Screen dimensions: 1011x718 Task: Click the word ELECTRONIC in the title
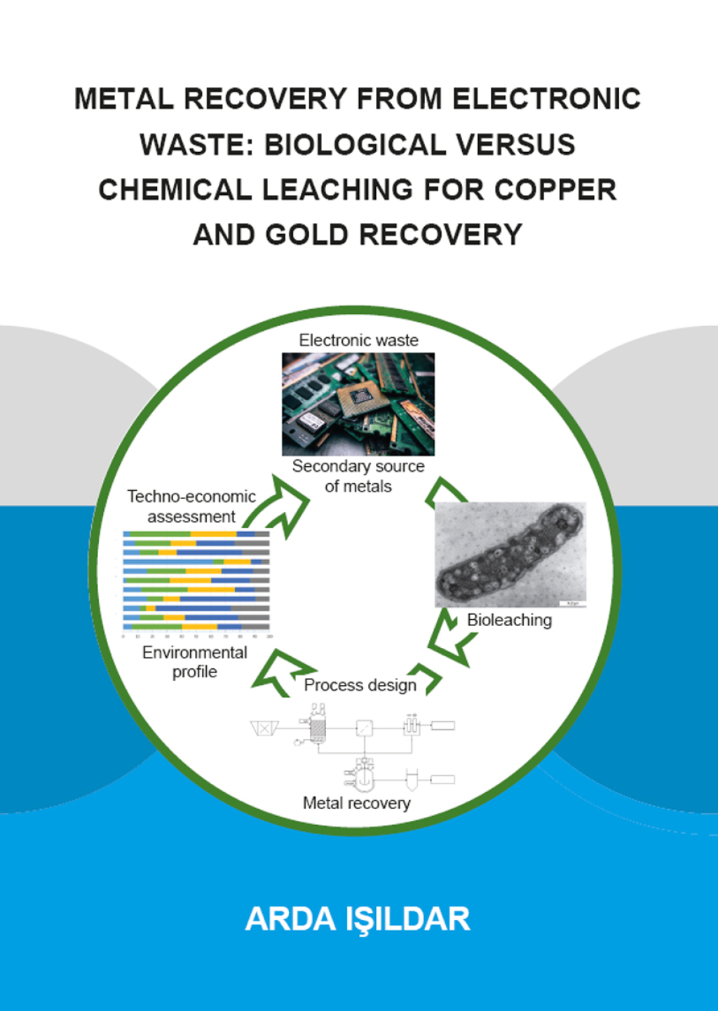[546, 99]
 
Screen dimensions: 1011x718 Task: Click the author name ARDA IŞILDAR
[358, 919]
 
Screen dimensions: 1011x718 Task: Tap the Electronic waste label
[358, 341]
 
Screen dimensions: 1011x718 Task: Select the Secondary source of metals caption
[358, 476]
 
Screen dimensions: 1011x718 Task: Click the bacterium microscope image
[510, 555]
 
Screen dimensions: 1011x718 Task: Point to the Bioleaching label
[509, 620]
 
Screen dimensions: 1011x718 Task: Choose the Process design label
[360, 686]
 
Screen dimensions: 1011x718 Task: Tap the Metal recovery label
[356, 803]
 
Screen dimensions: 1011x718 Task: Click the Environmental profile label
[194, 662]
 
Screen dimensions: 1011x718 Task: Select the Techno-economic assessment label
[191, 506]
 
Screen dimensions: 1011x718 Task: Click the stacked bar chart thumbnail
[196, 582]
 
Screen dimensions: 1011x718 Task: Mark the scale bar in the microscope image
[571, 604]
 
